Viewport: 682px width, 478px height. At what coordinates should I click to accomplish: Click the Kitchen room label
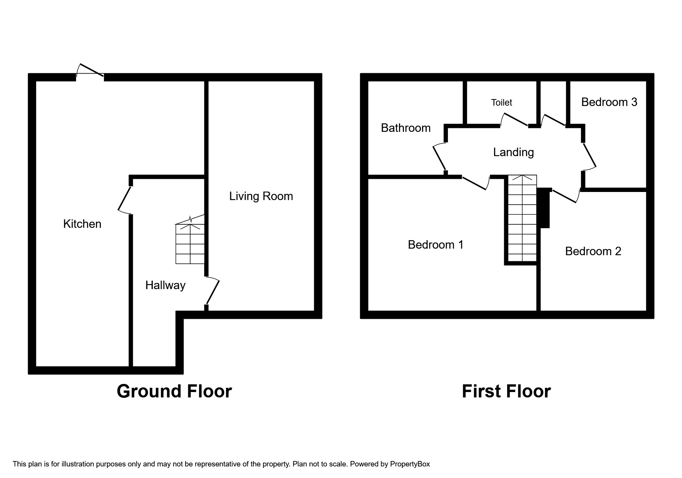click(82, 224)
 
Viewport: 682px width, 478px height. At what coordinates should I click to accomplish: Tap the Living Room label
click(261, 196)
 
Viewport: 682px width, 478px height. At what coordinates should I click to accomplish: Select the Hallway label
click(165, 285)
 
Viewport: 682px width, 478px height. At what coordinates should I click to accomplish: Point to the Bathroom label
click(406, 128)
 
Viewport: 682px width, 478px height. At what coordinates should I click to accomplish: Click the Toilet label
click(501, 103)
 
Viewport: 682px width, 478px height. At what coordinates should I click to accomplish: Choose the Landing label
click(513, 152)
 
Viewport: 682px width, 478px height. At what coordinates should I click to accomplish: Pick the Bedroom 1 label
click(436, 245)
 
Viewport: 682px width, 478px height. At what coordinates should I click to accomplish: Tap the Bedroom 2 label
click(593, 251)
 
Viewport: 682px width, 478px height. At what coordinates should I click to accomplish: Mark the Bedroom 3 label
click(609, 102)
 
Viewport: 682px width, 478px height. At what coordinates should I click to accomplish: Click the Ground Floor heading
click(174, 391)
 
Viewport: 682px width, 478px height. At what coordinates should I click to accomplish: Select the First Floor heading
click(506, 391)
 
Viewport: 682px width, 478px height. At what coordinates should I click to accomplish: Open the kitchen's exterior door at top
click(90, 71)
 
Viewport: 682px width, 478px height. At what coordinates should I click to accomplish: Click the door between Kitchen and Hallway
click(124, 199)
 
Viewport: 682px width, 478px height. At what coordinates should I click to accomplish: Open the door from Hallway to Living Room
click(213, 292)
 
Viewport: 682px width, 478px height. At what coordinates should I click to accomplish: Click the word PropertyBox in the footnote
click(410, 464)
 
